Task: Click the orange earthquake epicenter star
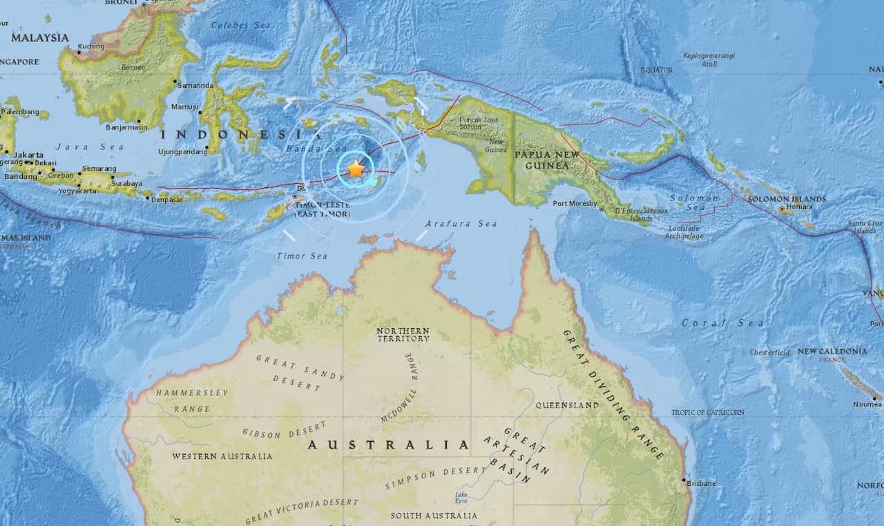[x=355, y=169]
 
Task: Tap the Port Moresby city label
[x=575, y=203]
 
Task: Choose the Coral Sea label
[x=722, y=323]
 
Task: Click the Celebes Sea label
[x=232, y=26]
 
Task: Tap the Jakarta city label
[x=29, y=155]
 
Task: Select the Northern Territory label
[x=403, y=335]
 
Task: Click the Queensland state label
[x=567, y=405]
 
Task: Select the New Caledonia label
[x=832, y=351]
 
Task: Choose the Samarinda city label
[x=195, y=86]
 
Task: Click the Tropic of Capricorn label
[x=708, y=413]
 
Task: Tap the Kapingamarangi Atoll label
[x=709, y=59]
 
